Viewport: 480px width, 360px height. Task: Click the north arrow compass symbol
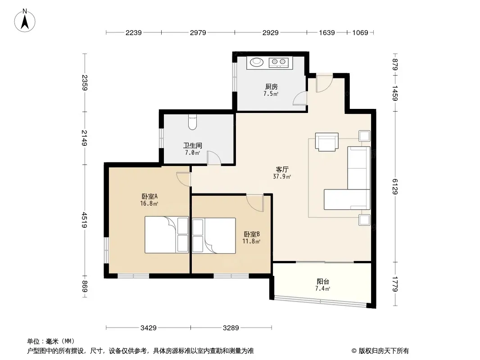click(25, 21)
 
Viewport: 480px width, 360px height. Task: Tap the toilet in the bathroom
click(192, 122)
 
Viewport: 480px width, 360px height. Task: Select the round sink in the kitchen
click(257, 62)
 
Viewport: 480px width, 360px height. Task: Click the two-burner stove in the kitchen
click(279, 63)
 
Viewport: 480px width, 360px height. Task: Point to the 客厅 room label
click(282, 170)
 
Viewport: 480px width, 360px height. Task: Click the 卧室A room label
click(149, 196)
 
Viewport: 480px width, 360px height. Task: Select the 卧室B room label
click(252, 234)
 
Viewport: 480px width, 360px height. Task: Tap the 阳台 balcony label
click(323, 281)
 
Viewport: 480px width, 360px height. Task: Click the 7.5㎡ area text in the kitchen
click(271, 94)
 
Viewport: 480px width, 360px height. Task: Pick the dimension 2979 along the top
click(198, 32)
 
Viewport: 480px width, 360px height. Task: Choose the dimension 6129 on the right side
click(394, 187)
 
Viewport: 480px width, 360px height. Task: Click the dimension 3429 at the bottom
click(149, 328)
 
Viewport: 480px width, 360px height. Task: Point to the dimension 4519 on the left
click(84, 220)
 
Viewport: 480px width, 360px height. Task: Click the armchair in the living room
click(326, 142)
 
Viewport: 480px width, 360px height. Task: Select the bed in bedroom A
click(167, 234)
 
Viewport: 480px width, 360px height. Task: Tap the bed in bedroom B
click(214, 235)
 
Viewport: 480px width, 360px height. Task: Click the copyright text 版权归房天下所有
click(384, 351)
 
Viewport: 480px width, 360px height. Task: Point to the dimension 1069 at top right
click(360, 32)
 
